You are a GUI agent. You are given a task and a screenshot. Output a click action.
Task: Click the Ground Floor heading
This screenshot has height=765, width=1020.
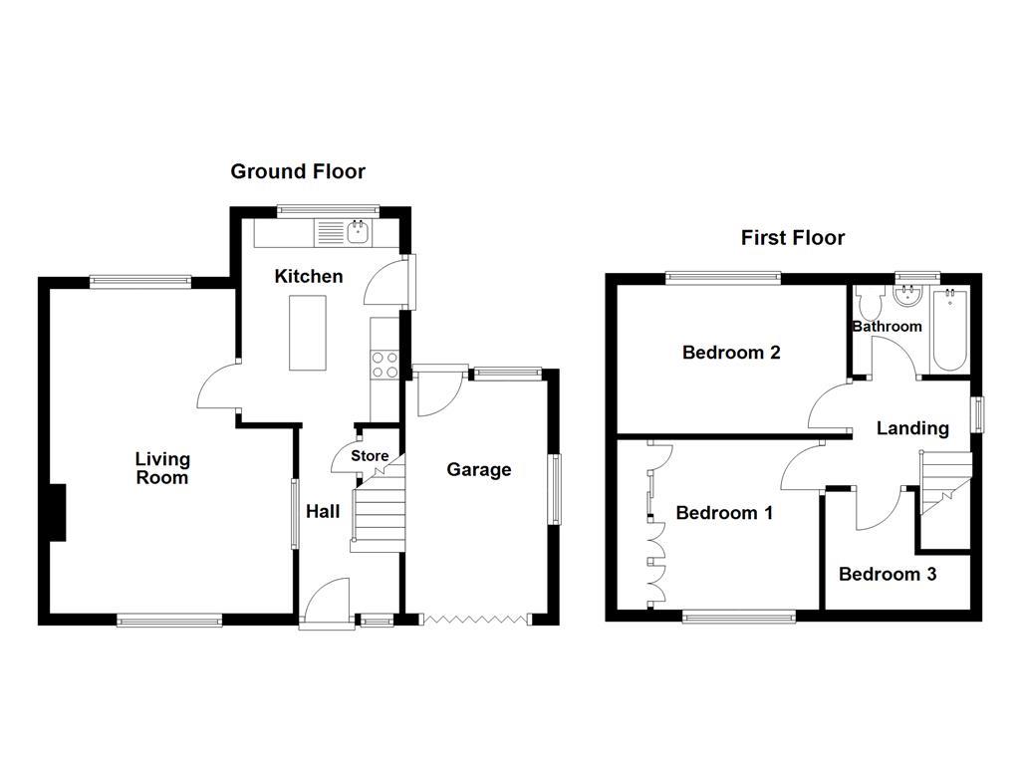[298, 171]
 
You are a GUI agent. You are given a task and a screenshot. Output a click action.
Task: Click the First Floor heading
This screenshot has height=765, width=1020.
[792, 237]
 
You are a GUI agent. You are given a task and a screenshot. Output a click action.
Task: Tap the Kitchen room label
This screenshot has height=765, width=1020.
[309, 276]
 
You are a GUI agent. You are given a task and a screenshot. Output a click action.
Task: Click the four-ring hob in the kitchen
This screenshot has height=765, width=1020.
[384, 366]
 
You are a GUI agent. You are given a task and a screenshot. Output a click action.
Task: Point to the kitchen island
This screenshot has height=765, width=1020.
[307, 333]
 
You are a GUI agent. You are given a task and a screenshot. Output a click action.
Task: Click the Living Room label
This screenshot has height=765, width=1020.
[162, 468]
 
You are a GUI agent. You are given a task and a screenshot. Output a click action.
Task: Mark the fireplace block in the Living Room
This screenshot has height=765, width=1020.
[58, 512]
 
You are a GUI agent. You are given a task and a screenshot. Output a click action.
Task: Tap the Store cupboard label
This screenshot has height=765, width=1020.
[370, 456]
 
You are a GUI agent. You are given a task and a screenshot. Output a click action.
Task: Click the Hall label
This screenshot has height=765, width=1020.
[323, 512]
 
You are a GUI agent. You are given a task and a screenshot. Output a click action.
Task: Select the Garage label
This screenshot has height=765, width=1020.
[478, 470]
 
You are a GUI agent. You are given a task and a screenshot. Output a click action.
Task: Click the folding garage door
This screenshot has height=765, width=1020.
[474, 620]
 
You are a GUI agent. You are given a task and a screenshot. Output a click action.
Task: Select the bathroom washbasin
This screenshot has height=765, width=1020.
[907, 296]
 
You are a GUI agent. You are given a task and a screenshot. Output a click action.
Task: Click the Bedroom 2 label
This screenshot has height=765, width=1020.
[730, 353]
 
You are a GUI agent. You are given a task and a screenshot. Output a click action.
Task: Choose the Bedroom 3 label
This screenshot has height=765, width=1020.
[888, 574]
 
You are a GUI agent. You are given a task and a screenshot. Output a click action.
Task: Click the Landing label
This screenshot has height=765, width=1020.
[911, 428]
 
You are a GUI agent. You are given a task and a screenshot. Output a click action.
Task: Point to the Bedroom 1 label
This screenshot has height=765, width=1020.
[724, 513]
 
